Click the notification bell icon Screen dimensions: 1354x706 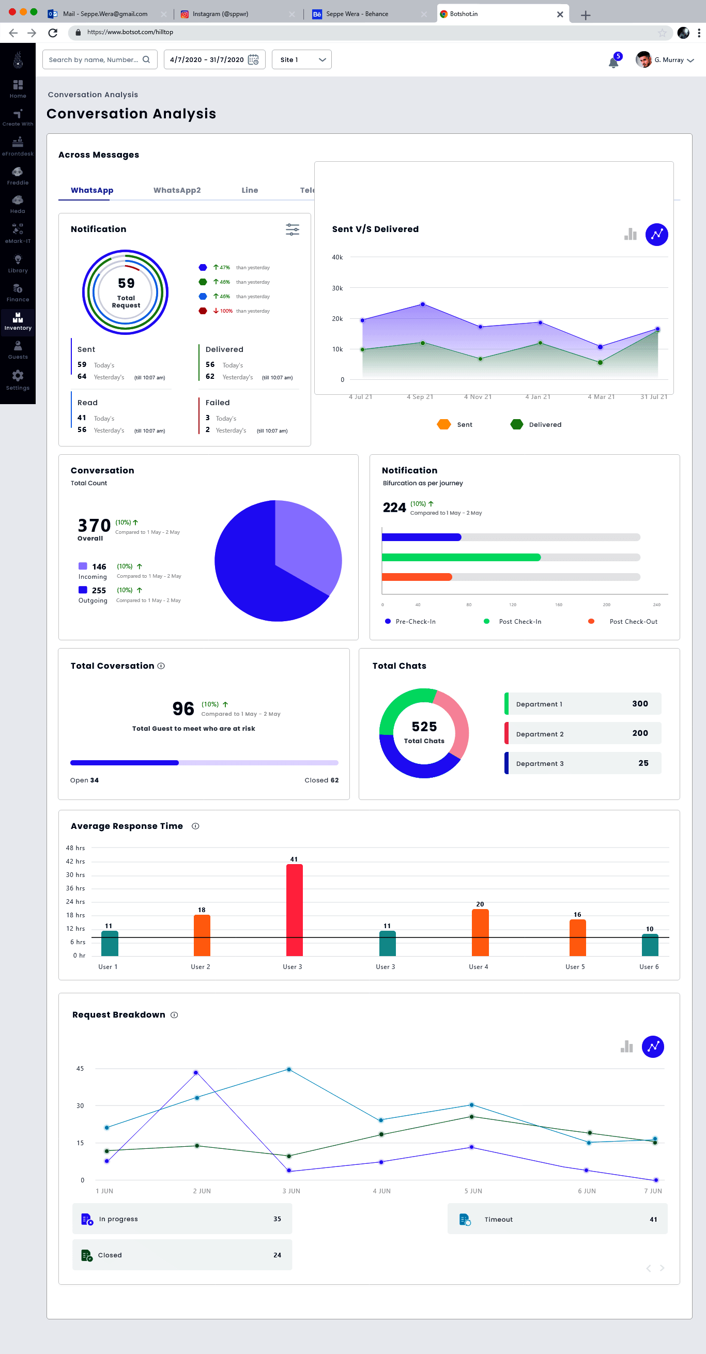(613, 63)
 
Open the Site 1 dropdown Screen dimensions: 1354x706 (301, 60)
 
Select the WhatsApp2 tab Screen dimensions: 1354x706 (177, 190)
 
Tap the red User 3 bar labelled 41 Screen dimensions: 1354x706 (295, 910)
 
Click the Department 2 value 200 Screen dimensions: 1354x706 (640, 733)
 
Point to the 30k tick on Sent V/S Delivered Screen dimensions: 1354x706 (337, 288)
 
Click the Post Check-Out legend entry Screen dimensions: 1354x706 (633, 622)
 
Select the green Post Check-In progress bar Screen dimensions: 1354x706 (461, 557)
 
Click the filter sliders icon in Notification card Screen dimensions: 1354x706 (293, 229)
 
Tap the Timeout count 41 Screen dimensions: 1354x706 (653, 1220)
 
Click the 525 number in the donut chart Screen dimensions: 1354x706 (424, 727)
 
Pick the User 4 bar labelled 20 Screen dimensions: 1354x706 (480, 932)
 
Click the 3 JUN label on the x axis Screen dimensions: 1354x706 (291, 1191)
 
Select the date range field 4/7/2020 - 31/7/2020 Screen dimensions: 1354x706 (214, 60)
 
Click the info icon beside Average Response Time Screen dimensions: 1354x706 (195, 826)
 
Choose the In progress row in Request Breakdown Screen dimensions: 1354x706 (182, 1219)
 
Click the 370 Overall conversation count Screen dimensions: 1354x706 (94, 526)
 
